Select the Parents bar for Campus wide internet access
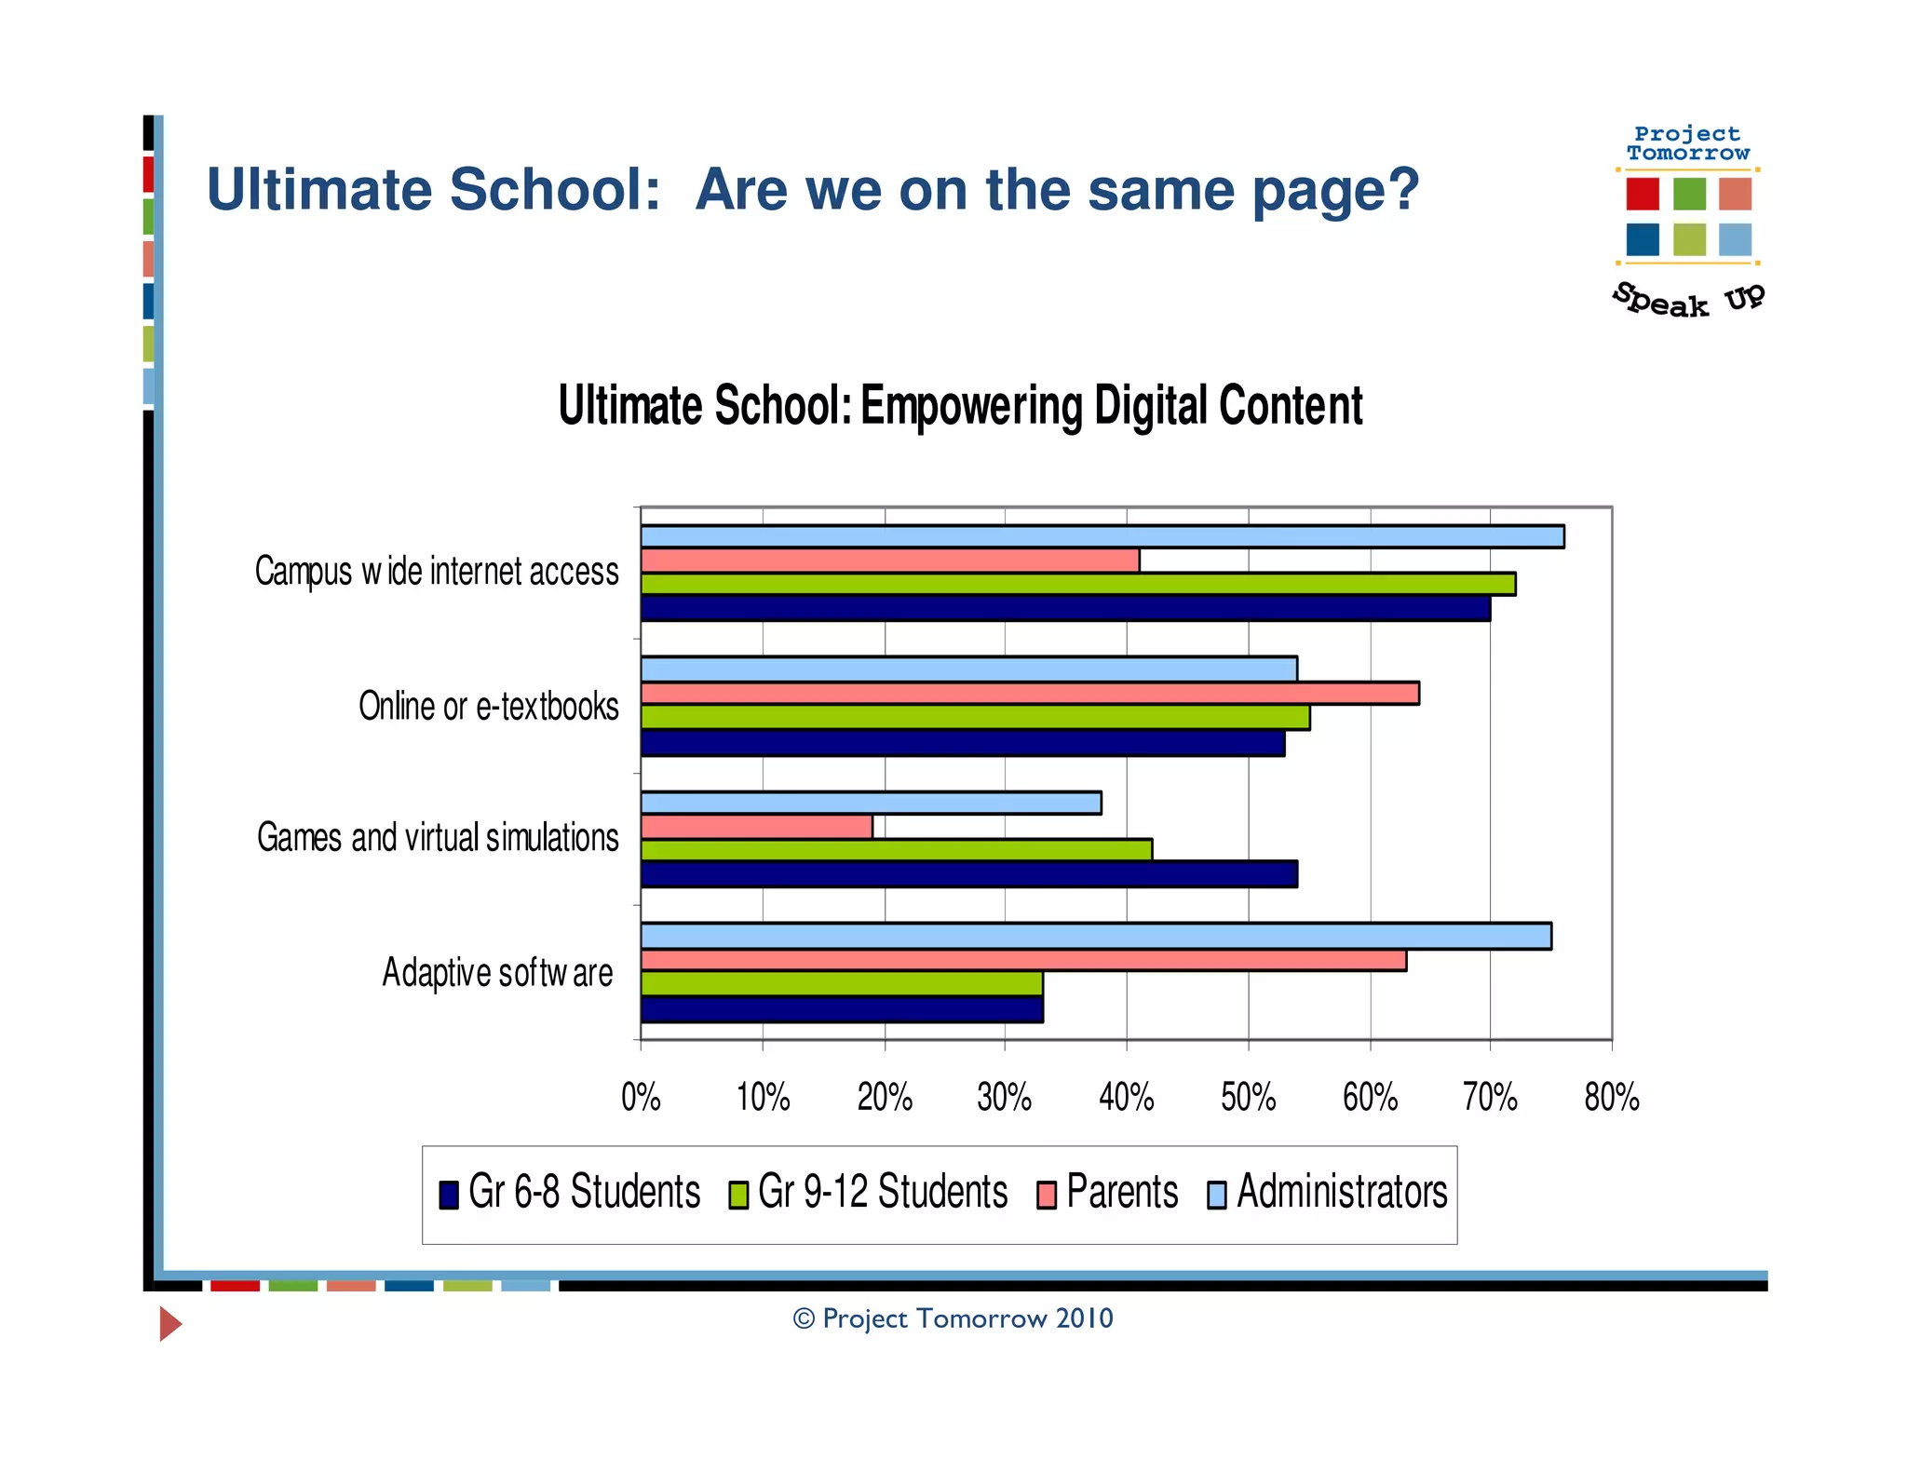coord(889,561)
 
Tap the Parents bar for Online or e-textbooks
coord(1029,694)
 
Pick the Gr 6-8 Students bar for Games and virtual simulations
coord(968,874)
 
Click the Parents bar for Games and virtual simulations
coord(756,827)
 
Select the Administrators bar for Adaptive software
coord(1095,936)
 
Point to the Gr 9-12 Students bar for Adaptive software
coord(841,983)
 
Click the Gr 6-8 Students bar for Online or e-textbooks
coord(962,743)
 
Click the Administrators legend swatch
coord(1216,1195)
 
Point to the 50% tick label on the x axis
coord(1248,1098)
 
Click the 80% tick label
coord(1611,1098)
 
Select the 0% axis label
coord(641,1098)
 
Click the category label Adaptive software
coord(497,973)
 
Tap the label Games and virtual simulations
coord(438,838)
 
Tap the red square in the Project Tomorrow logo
coord(1642,194)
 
